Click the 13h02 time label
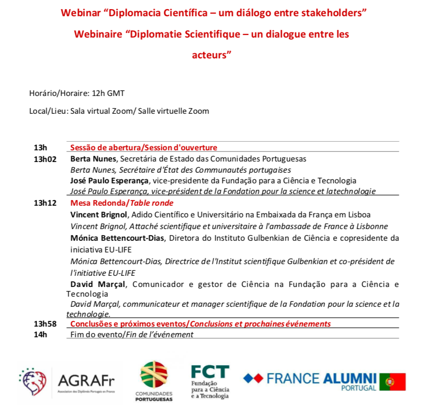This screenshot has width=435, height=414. tap(44, 158)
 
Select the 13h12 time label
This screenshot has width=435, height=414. tap(44, 203)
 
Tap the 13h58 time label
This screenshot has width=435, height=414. tap(44, 324)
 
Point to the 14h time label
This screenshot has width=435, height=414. tap(40, 334)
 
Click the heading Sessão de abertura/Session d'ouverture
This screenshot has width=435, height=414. tap(143, 148)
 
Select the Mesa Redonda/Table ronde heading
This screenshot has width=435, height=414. tap(122, 203)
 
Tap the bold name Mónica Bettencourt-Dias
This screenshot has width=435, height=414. tap(118, 238)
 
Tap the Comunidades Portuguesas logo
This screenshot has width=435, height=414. tap(154, 381)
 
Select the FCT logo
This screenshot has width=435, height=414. tap(210, 381)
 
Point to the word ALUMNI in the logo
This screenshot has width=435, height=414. tap(350, 378)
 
